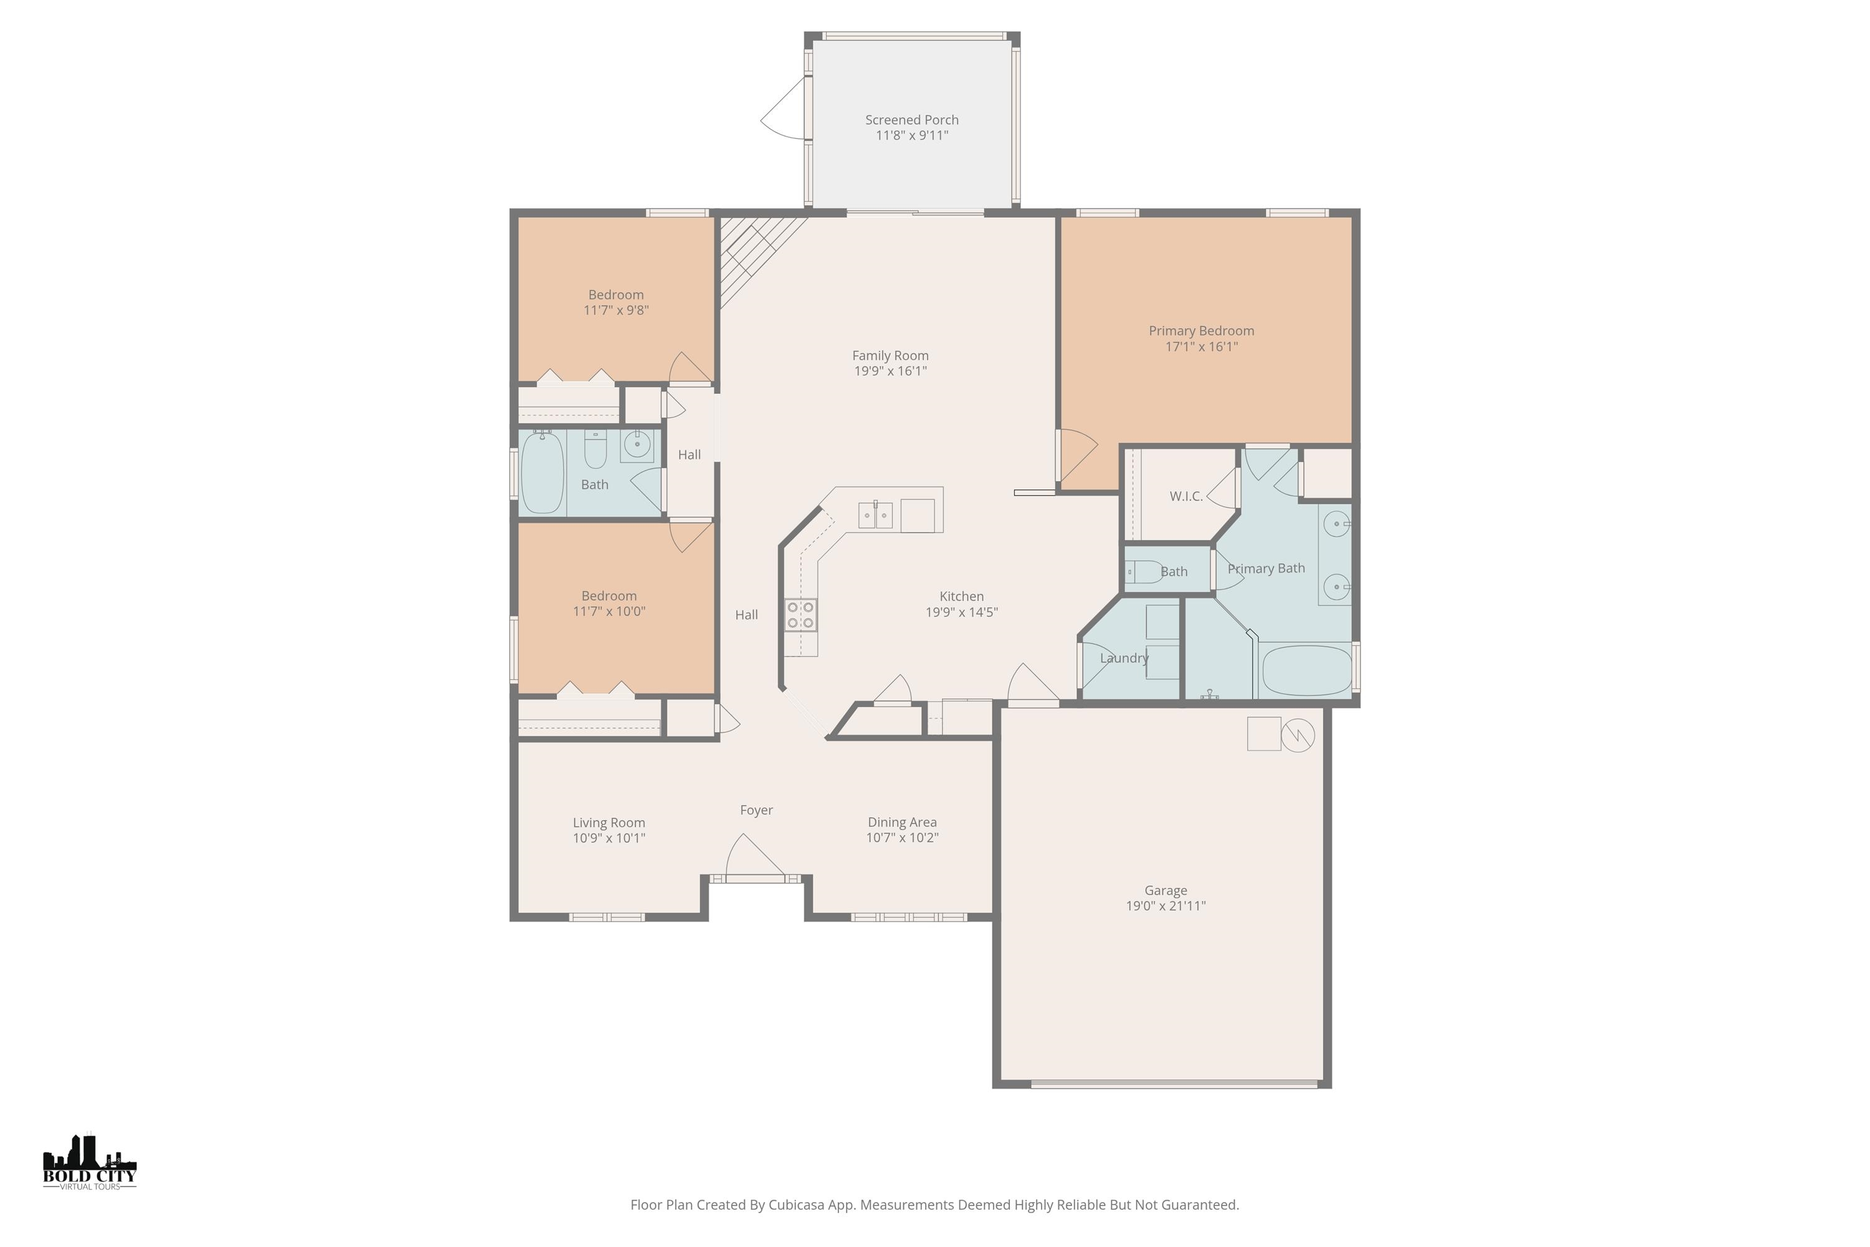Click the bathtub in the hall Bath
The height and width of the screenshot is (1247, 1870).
(542, 473)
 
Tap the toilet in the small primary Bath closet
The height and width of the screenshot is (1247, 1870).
(1143, 572)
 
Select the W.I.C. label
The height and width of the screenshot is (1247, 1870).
(1186, 496)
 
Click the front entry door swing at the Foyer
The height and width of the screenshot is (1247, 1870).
(751, 858)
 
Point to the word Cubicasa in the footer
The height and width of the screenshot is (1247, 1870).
(797, 1205)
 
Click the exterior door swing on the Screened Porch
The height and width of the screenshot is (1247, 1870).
(783, 112)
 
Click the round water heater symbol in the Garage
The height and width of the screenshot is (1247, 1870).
(1298, 735)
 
